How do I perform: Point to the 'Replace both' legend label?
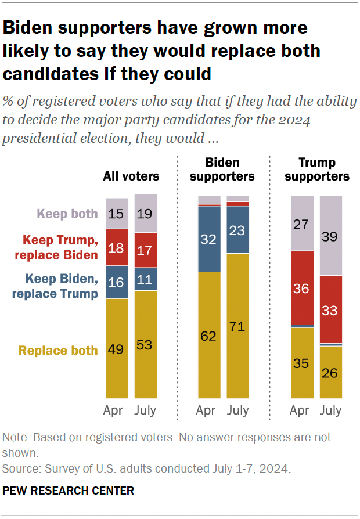[x=58, y=351]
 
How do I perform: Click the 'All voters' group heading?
[x=131, y=176]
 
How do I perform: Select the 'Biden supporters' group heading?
[x=223, y=169]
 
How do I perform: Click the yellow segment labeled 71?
[x=237, y=325]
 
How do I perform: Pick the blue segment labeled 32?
[x=209, y=239]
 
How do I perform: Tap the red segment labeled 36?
[x=301, y=288]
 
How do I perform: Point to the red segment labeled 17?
[x=145, y=250]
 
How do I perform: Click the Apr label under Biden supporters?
[x=206, y=410]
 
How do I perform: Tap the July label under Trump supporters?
[x=331, y=410]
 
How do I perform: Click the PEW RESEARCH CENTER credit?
[x=69, y=491]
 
